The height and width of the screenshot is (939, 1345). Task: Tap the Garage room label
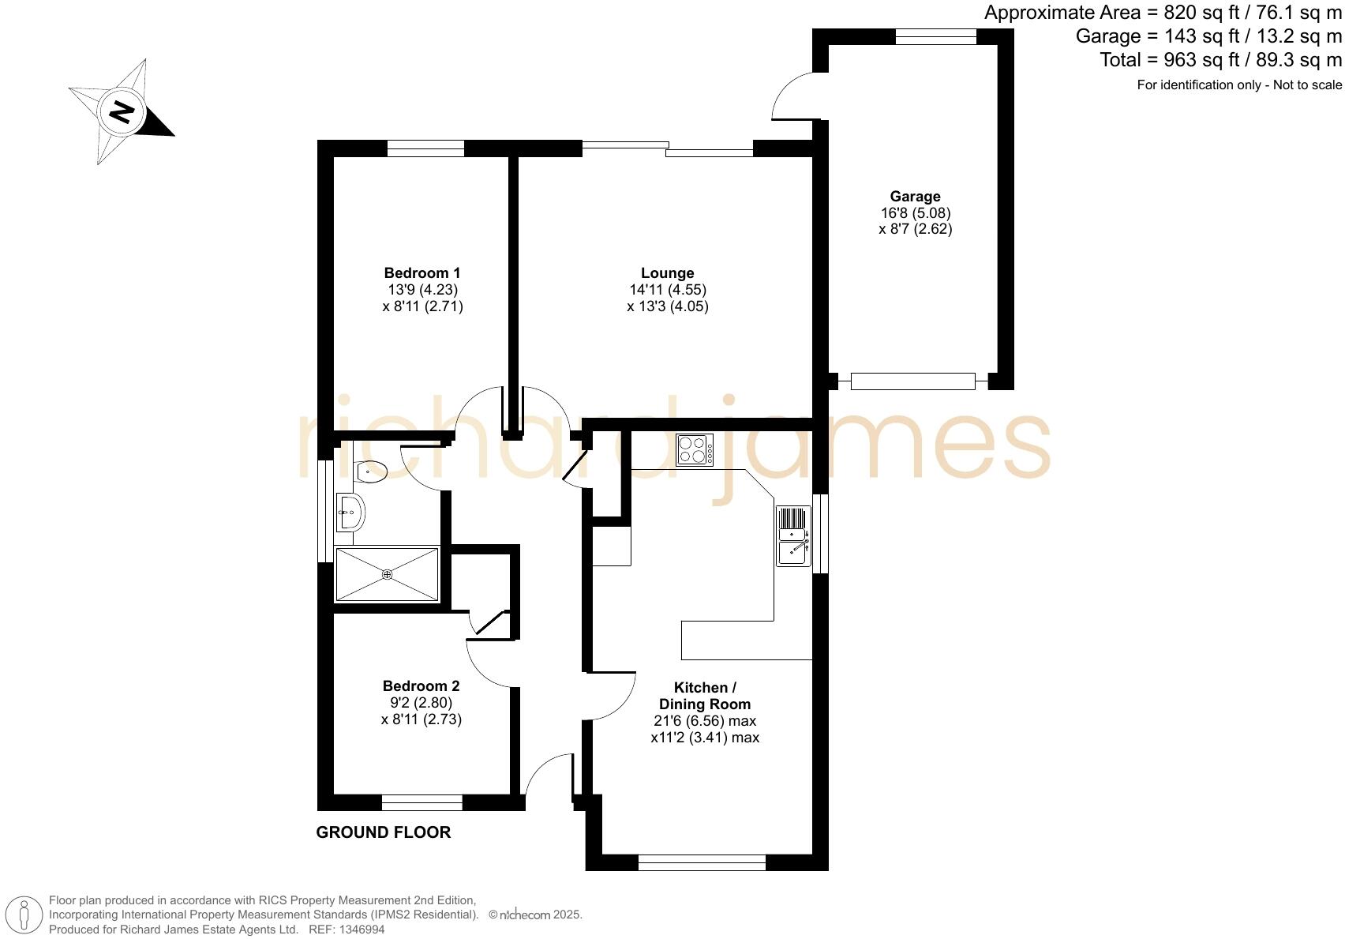point(915,197)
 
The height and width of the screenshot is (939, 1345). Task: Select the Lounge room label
point(667,273)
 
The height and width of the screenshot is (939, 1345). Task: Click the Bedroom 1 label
point(422,273)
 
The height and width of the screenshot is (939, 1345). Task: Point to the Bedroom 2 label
point(421,686)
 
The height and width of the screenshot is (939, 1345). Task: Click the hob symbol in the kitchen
point(695,450)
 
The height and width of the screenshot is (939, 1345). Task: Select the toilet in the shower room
point(369,471)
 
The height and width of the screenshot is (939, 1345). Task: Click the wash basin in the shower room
point(350,513)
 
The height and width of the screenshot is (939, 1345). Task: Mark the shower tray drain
point(387,574)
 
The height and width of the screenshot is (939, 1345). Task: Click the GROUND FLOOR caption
point(384,832)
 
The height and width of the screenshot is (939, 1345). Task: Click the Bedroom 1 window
point(425,148)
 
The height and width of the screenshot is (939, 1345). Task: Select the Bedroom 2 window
point(421,802)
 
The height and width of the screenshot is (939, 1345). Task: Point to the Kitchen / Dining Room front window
point(702,862)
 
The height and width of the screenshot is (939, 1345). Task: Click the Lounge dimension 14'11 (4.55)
point(667,290)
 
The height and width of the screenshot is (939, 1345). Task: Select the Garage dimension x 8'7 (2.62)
point(915,229)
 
